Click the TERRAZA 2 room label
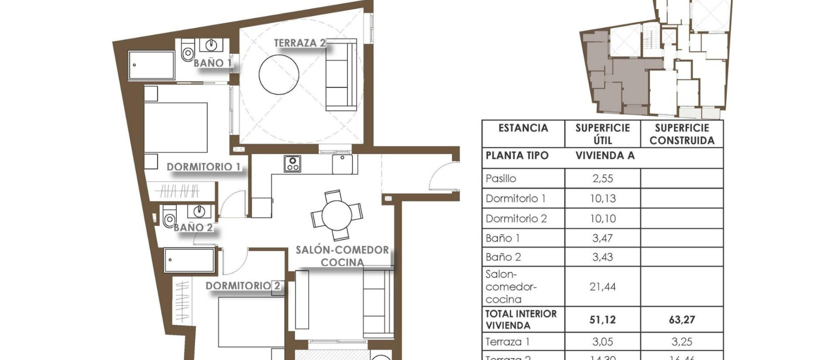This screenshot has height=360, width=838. pos(300,43)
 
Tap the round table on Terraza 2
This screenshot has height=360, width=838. pos(279,74)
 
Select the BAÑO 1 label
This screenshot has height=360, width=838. pos(212,63)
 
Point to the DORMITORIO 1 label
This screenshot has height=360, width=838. pos(203,167)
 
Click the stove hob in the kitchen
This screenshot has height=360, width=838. pos(293,164)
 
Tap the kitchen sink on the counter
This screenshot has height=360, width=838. pos(342,164)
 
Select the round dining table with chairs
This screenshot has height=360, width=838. pos(336,215)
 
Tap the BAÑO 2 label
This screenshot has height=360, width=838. pos(193,228)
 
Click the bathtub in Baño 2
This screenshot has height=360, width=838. pos(189,260)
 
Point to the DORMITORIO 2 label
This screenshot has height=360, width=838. pos(243,286)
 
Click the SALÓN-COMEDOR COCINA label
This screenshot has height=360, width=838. pos(342,256)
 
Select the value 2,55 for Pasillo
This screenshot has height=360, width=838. pos(602,178)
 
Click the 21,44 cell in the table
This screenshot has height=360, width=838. pos(602,287)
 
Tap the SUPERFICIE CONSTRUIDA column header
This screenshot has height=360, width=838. pos(682,134)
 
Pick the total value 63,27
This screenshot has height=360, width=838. pos(682,319)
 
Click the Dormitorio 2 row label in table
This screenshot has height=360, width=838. pos(516,218)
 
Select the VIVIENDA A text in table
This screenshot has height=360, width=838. pos(605,155)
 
